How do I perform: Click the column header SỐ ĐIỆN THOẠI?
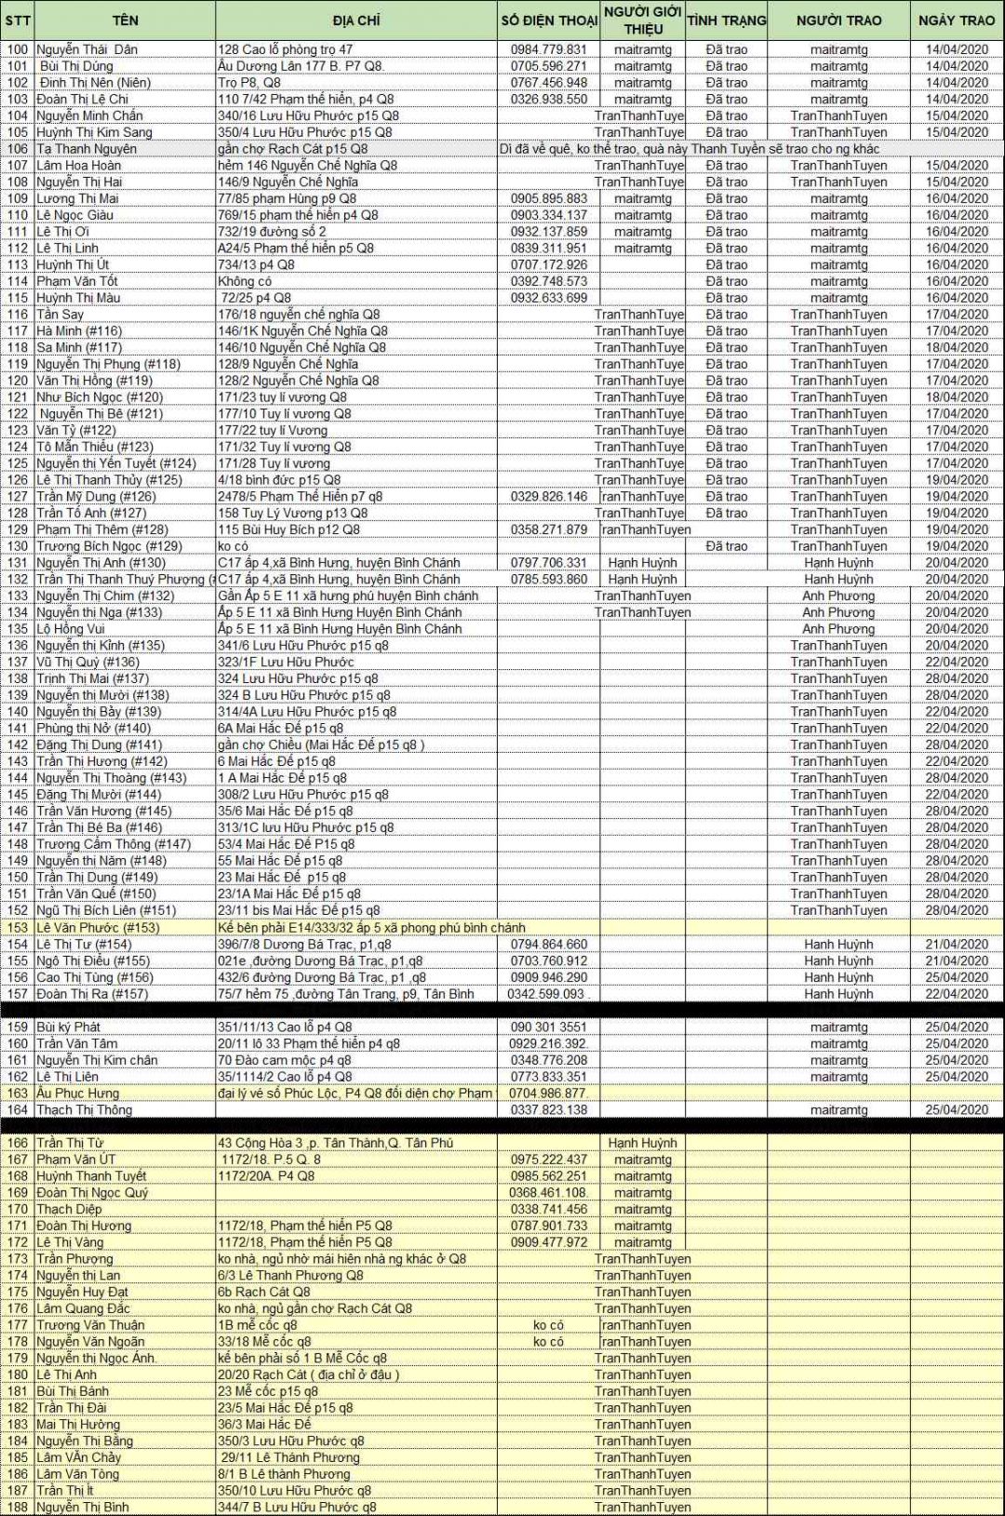click(x=549, y=20)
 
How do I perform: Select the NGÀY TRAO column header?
click(x=957, y=20)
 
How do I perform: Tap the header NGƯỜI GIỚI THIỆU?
click(x=643, y=20)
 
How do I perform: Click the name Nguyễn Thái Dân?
click(x=87, y=49)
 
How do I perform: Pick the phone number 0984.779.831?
click(x=549, y=49)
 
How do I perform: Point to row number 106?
click(x=18, y=149)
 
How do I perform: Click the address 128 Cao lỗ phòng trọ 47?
click(x=285, y=49)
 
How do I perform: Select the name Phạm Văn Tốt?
click(x=77, y=281)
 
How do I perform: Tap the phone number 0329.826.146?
click(x=549, y=496)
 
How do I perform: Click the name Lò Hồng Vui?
click(x=71, y=629)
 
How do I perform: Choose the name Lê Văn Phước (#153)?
click(x=98, y=928)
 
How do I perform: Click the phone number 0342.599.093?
click(x=547, y=994)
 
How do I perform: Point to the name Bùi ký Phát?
click(x=68, y=1027)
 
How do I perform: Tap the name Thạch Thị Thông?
click(x=84, y=1110)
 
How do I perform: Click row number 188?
click(x=18, y=1507)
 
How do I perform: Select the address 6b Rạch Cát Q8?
click(x=264, y=1292)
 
